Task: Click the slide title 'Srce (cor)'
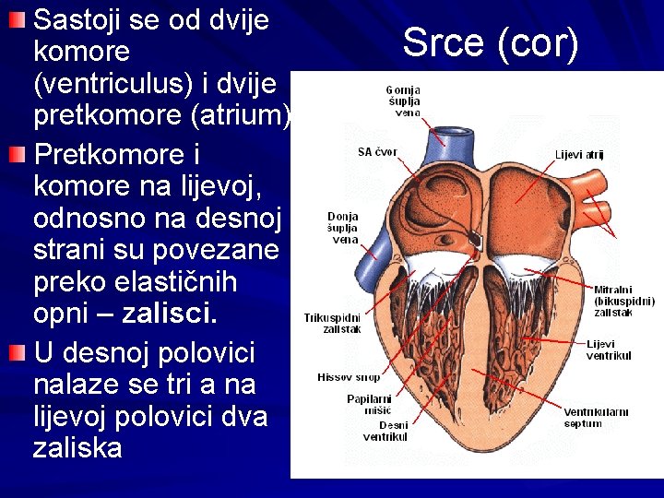(x=491, y=41)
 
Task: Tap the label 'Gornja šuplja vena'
(x=403, y=101)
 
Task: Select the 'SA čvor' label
(x=377, y=151)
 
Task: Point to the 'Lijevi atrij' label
(x=579, y=155)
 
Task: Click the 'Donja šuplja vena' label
(x=343, y=228)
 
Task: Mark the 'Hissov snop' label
(x=349, y=377)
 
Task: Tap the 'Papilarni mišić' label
(x=369, y=404)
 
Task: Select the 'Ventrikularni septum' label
(x=596, y=418)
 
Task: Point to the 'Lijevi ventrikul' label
(x=609, y=350)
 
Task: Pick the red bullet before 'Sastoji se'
(x=18, y=20)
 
